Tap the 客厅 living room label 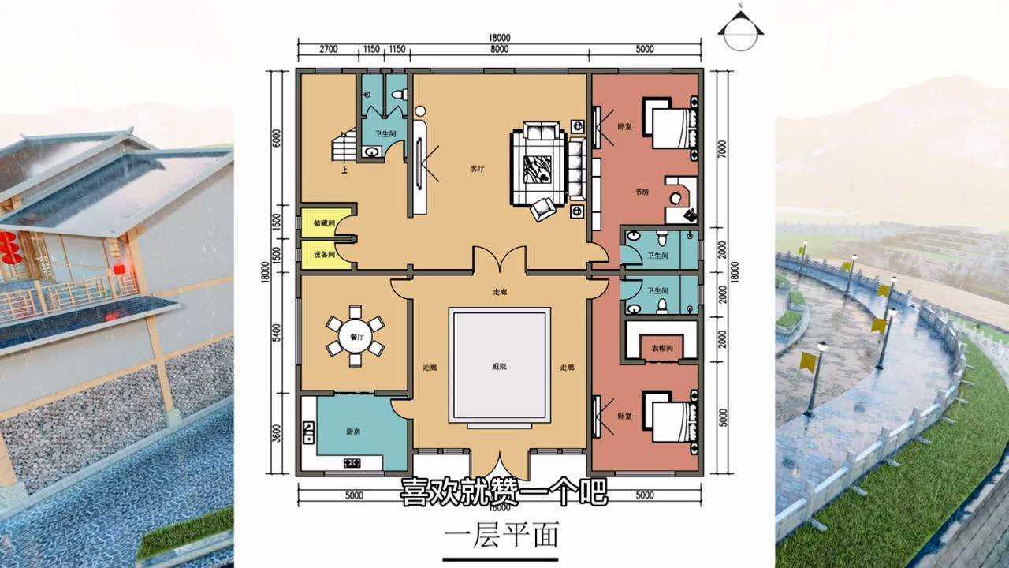coord(478,168)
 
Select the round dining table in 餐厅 coord(356,336)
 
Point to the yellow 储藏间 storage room coord(324,224)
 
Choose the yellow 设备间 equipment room coord(324,255)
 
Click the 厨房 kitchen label coord(354,432)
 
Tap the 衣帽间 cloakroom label coord(661,349)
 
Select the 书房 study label coord(642,192)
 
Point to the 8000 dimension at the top coord(498,49)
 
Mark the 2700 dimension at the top coord(328,49)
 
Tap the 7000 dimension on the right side coord(722,150)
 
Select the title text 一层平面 coord(501,536)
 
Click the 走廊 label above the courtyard coord(500,292)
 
